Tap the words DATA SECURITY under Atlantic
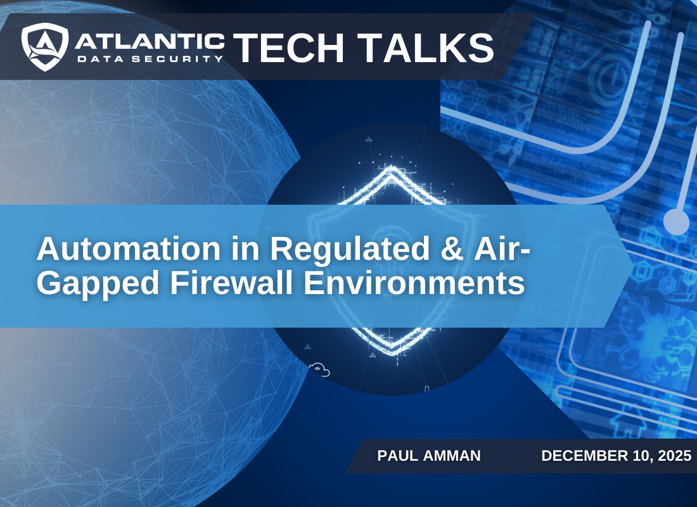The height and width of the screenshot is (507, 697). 150,58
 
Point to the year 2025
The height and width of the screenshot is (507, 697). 672,456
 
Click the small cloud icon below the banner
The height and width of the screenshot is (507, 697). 320,369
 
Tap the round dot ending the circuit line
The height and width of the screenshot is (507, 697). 675,222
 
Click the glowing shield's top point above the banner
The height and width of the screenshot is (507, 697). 392,169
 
